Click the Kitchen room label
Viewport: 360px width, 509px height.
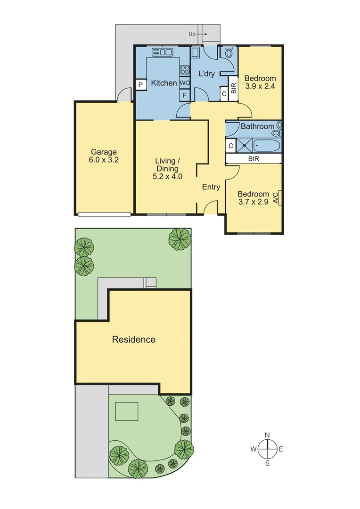point(164,83)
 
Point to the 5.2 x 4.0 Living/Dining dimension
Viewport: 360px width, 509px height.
point(167,177)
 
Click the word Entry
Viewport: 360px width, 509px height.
point(211,187)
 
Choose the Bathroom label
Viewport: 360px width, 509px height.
point(257,126)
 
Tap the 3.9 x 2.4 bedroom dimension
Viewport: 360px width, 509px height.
point(260,86)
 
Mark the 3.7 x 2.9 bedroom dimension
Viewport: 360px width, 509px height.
point(253,202)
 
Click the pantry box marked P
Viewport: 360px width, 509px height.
point(140,85)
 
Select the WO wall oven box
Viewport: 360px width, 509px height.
point(185,83)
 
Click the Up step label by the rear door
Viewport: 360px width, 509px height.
point(192,34)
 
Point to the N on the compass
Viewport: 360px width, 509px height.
point(267,435)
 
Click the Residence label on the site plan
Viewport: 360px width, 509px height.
point(133,339)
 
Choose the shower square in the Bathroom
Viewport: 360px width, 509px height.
point(245,145)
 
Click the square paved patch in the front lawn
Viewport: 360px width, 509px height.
point(127,411)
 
